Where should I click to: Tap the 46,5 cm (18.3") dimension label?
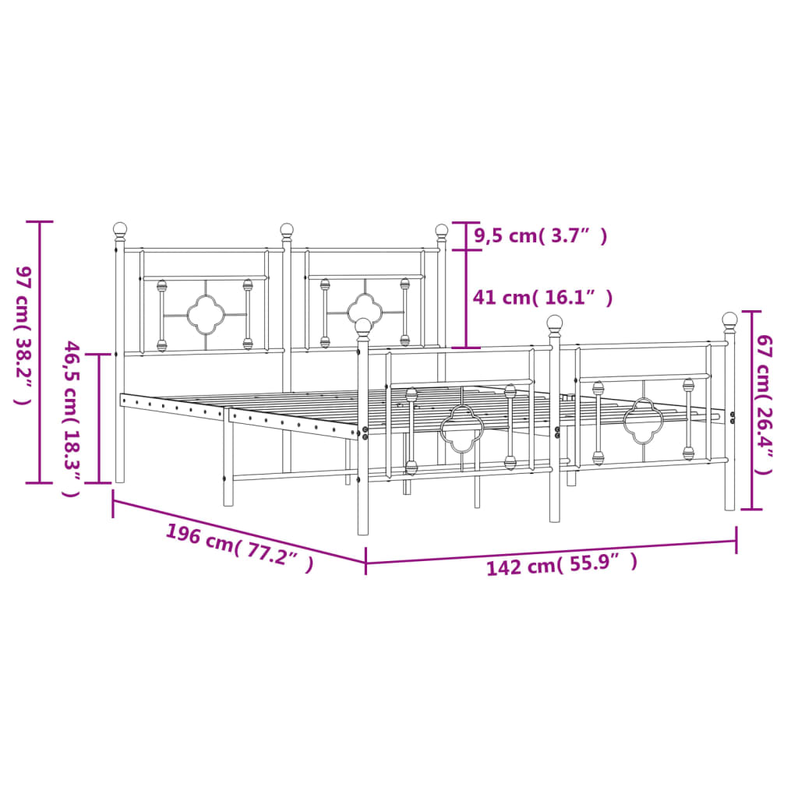point(71,418)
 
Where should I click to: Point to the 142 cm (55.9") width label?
point(561,563)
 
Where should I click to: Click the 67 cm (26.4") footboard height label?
point(765,404)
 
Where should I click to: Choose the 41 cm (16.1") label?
point(542,297)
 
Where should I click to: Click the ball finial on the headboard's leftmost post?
point(120,228)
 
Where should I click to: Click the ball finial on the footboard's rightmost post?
point(729,319)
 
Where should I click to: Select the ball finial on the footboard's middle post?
point(555,322)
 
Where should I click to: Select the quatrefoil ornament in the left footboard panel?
point(462,428)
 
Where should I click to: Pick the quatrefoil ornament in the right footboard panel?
point(643,420)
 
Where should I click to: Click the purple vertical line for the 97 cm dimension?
point(40,351)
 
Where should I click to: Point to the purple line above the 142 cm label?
point(550,551)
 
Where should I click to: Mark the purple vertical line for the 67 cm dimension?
point(751,410)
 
